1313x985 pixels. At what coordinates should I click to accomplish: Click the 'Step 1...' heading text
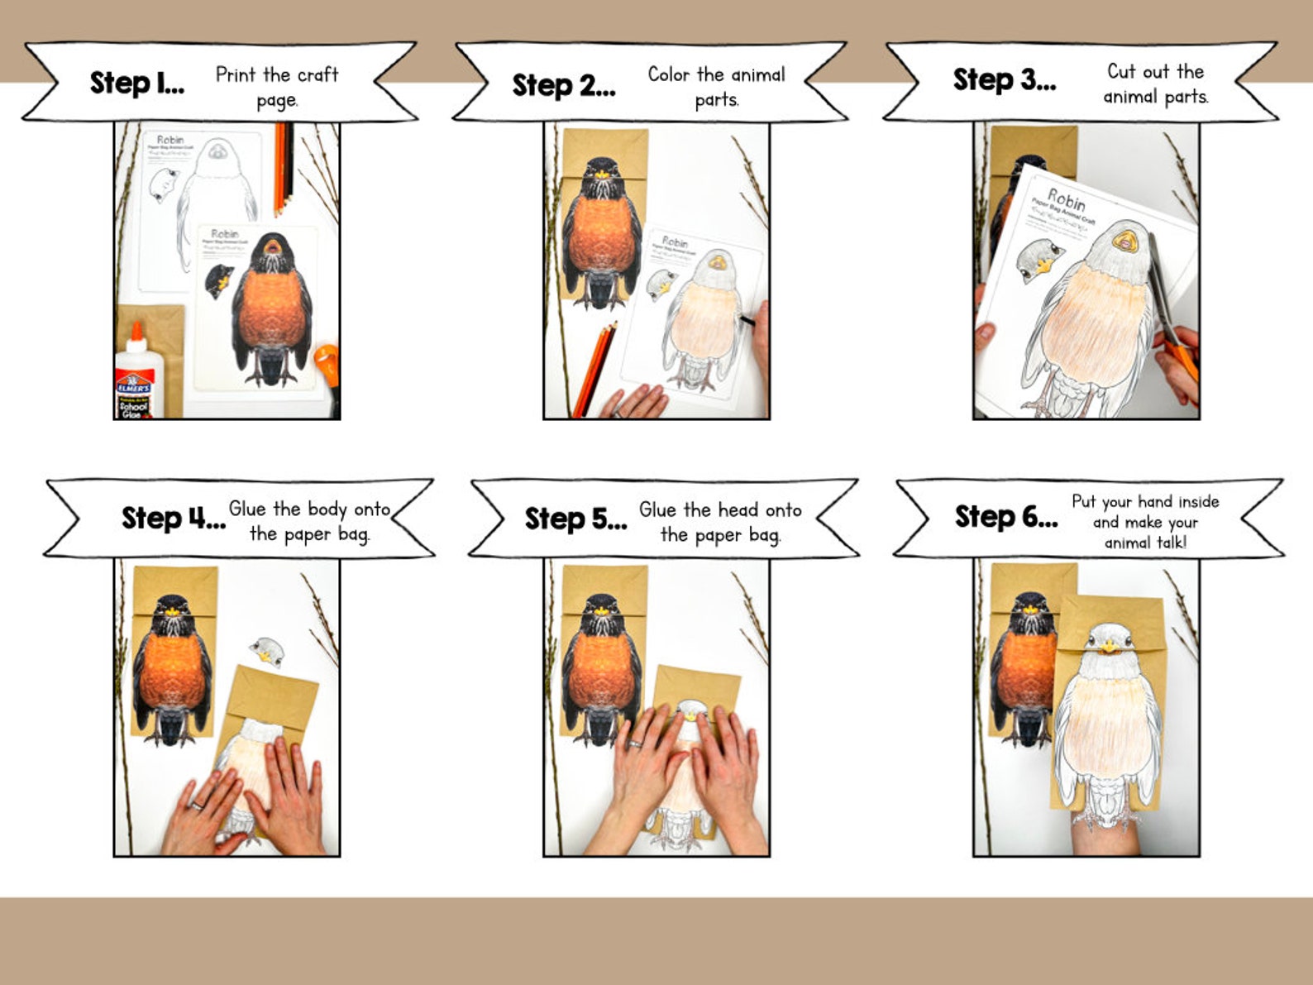tap(137, 84)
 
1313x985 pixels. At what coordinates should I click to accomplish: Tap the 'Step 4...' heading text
tap(173, 519)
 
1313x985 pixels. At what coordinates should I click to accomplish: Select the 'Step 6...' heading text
tap(1006, 517)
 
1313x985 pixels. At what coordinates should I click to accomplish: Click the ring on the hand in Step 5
tap(634, 744)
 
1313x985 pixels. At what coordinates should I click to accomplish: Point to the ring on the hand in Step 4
tap(197, 805)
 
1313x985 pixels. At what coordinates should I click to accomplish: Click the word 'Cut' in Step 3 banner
tap(1120, 72)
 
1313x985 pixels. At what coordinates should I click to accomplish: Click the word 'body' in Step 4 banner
tap(327, 509)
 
